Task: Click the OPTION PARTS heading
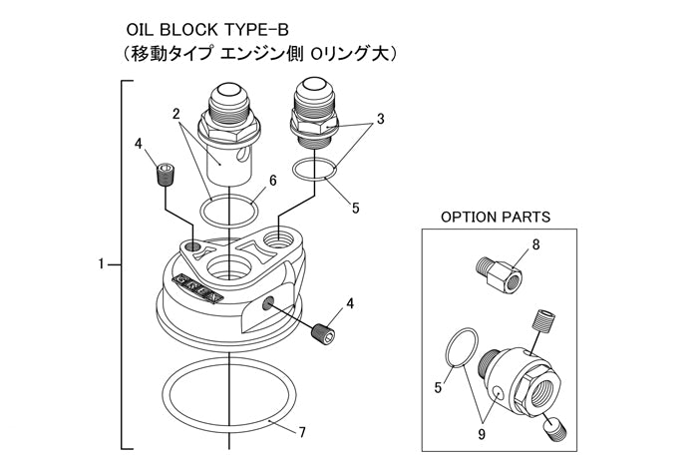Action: point(495,217)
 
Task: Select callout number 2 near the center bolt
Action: point(175,114)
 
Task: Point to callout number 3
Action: point(380,119)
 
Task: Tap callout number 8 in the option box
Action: point(535,242)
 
